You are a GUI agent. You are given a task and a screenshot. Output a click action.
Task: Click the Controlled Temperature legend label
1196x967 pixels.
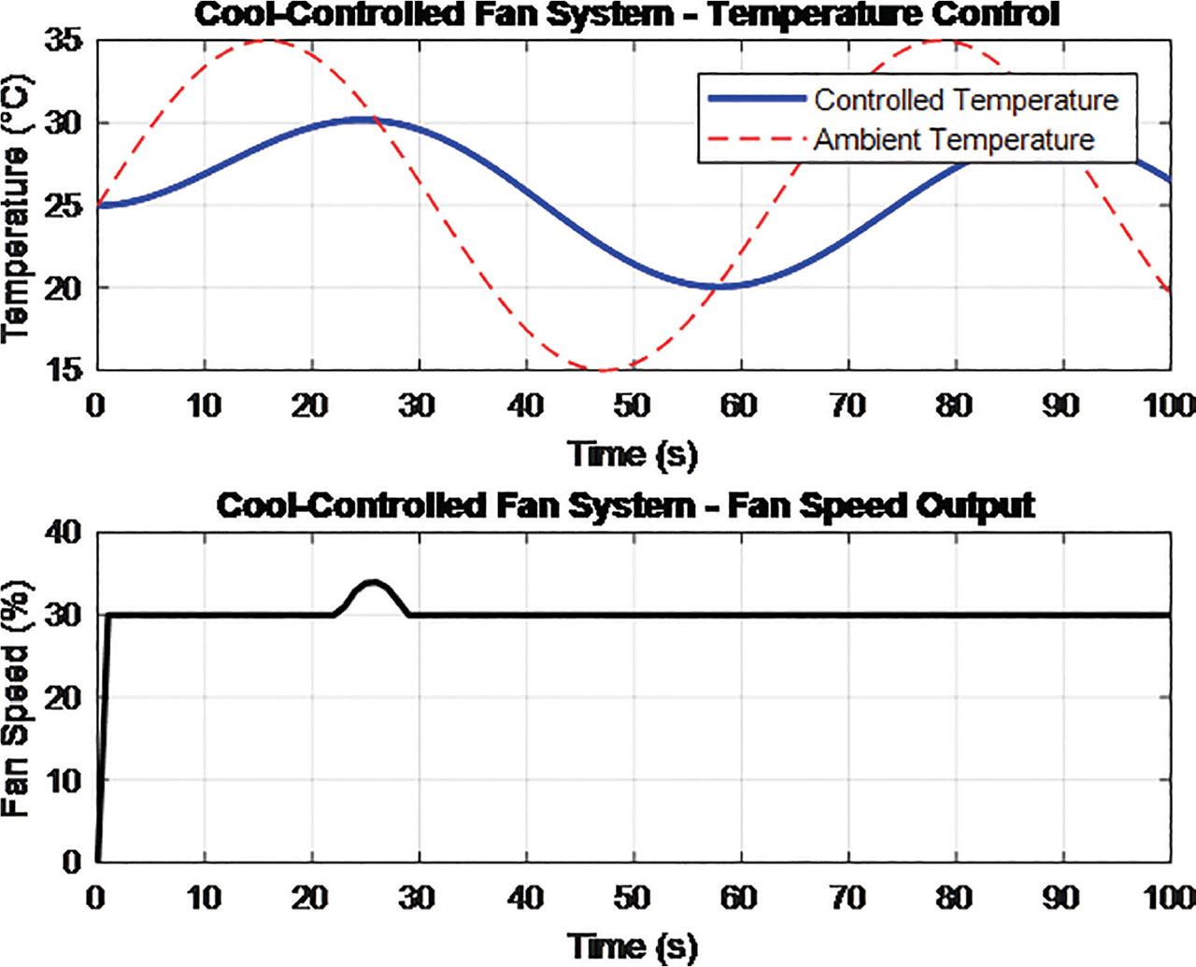[965, 100]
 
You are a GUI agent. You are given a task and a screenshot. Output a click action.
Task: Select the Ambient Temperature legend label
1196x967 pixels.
[953, 140]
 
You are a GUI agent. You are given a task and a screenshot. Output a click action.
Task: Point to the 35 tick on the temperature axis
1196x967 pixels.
[63, 41]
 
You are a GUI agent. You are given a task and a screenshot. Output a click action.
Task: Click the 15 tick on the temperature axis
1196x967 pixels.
[63, 370]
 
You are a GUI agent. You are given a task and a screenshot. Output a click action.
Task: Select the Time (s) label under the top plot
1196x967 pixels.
[634, 454]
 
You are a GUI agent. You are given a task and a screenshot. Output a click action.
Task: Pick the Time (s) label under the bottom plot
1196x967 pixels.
[634, 946]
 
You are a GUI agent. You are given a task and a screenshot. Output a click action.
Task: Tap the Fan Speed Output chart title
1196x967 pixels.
[625, 505]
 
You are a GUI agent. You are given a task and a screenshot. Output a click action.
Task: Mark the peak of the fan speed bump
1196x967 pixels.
[373, 582]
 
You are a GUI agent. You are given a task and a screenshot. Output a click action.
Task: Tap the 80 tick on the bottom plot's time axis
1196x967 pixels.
[954, 898]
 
